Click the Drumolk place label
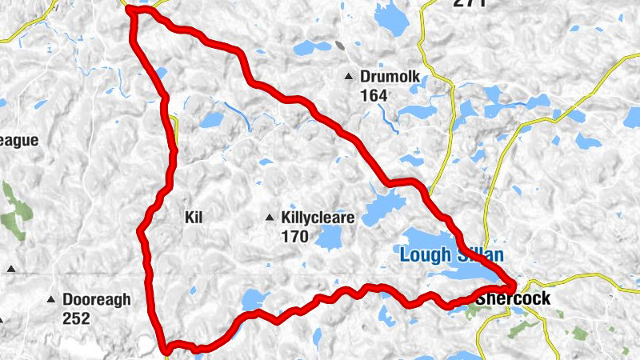[x=390, y=77]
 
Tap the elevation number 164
[x=374, y=95]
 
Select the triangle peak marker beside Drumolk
[x=348, y=77]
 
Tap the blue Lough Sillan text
[x=451, y=256]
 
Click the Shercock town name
[x=513, y=298]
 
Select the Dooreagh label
[x=97, y=299]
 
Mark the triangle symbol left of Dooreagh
[x=51, y=299]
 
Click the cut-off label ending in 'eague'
[x=18, y=141]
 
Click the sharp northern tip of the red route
[x=130, y=9]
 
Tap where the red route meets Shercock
[x=510, y=286]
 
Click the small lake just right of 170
[x=327, y=237]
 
